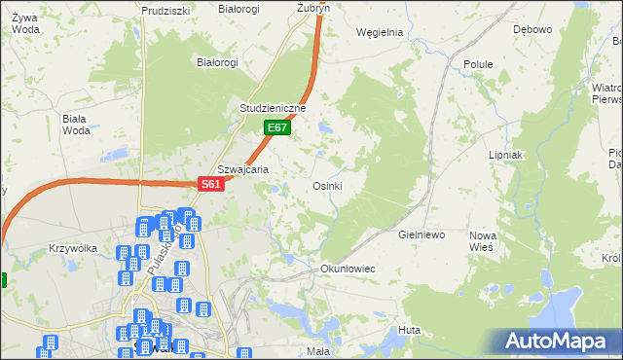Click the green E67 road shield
tap(277, 127)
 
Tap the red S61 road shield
tap(212, 184)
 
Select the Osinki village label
tap(326, 186)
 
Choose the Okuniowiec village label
tap(348, 268)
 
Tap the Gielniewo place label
tap(421, 235)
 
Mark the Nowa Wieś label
tap(482, 241)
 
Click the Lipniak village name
tap(506, 155)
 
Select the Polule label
tap(478, 64)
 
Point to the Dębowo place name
tap(531, 29)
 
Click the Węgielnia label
tap(380, 31)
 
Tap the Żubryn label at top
tap(313, 7)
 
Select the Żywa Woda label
tap(25, 22)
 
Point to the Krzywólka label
tap(73, 248)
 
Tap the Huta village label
tap(409, 331)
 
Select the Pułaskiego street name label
tap(161, 251)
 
